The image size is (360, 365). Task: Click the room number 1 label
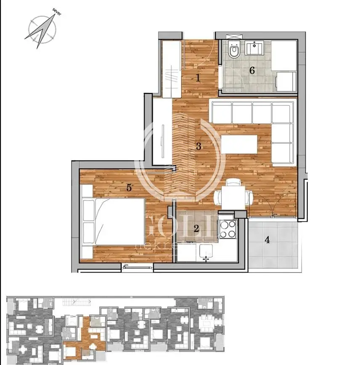[198, 77]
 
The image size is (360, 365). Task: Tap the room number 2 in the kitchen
[196, 229]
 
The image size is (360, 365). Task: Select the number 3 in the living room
[199, 147]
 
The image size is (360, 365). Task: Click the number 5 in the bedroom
[129, 188]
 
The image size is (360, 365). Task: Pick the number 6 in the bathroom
[252, 70]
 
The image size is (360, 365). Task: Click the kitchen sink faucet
[206, 258]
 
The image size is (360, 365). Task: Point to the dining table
[234, 196]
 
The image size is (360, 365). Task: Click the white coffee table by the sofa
[239, 144]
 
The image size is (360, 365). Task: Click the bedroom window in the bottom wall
[137, 266]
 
